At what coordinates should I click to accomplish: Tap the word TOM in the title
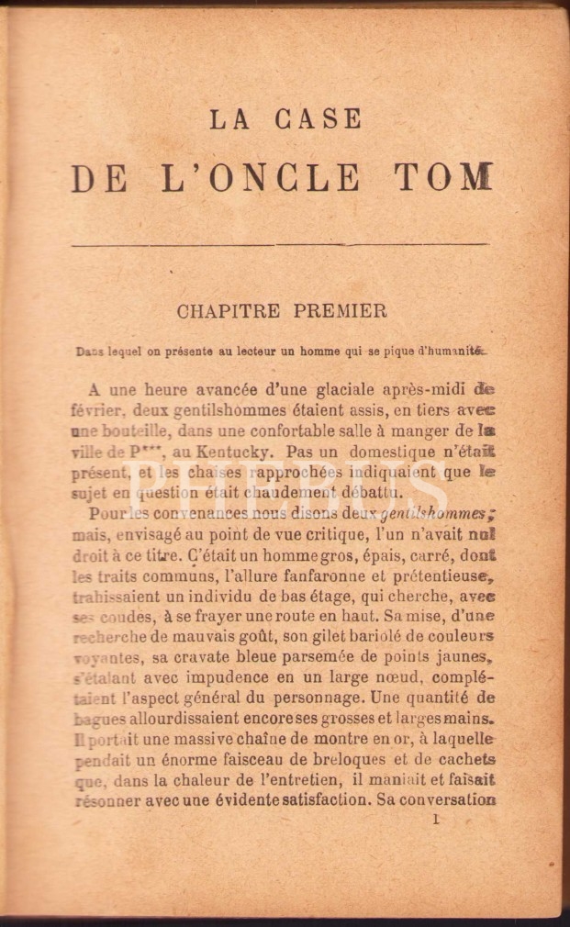pos(445,177)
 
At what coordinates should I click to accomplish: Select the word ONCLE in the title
pos(287,177)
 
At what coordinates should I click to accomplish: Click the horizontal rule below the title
pos(279,245)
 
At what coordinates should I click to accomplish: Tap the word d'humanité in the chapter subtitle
pos(450,349)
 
